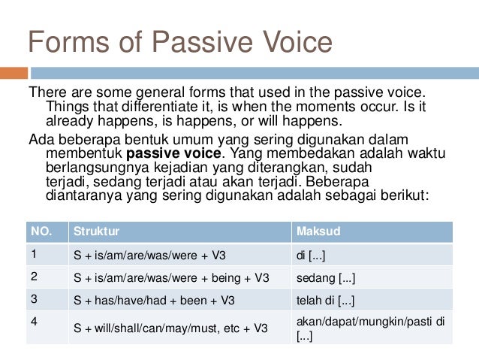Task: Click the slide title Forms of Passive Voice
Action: pyautogui.click(x=179, y=42)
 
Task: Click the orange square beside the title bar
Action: pyautogui.click(x=14, y=74)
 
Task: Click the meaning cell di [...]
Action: pyautogui.click(x=312, y=256)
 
